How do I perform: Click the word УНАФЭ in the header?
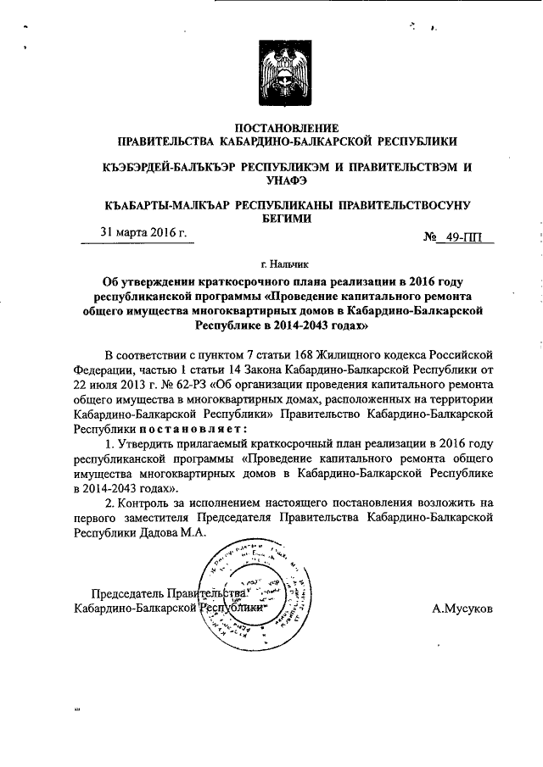(x=286, y=180)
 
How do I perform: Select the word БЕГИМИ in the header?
(x=286, y=218)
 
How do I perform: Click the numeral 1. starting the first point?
(x=109, y=443)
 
